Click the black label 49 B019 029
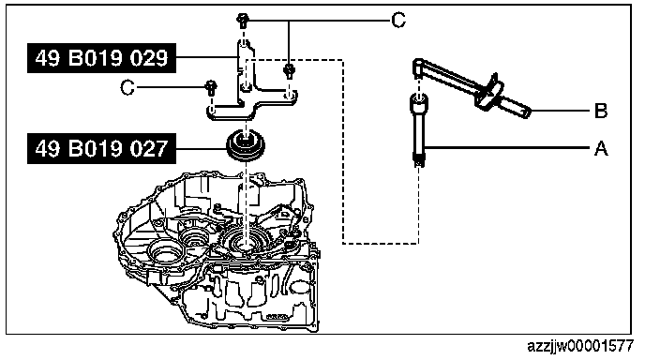(101, 58)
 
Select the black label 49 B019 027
(101, 148)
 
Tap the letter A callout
(601, 148)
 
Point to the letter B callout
(601, 111)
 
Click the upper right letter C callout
(398, 20)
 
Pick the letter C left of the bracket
(127, 87)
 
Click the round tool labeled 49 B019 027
(246, 146)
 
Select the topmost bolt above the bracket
(243, 21)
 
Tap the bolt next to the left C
(211, 88)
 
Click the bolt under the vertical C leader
(289, 70)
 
